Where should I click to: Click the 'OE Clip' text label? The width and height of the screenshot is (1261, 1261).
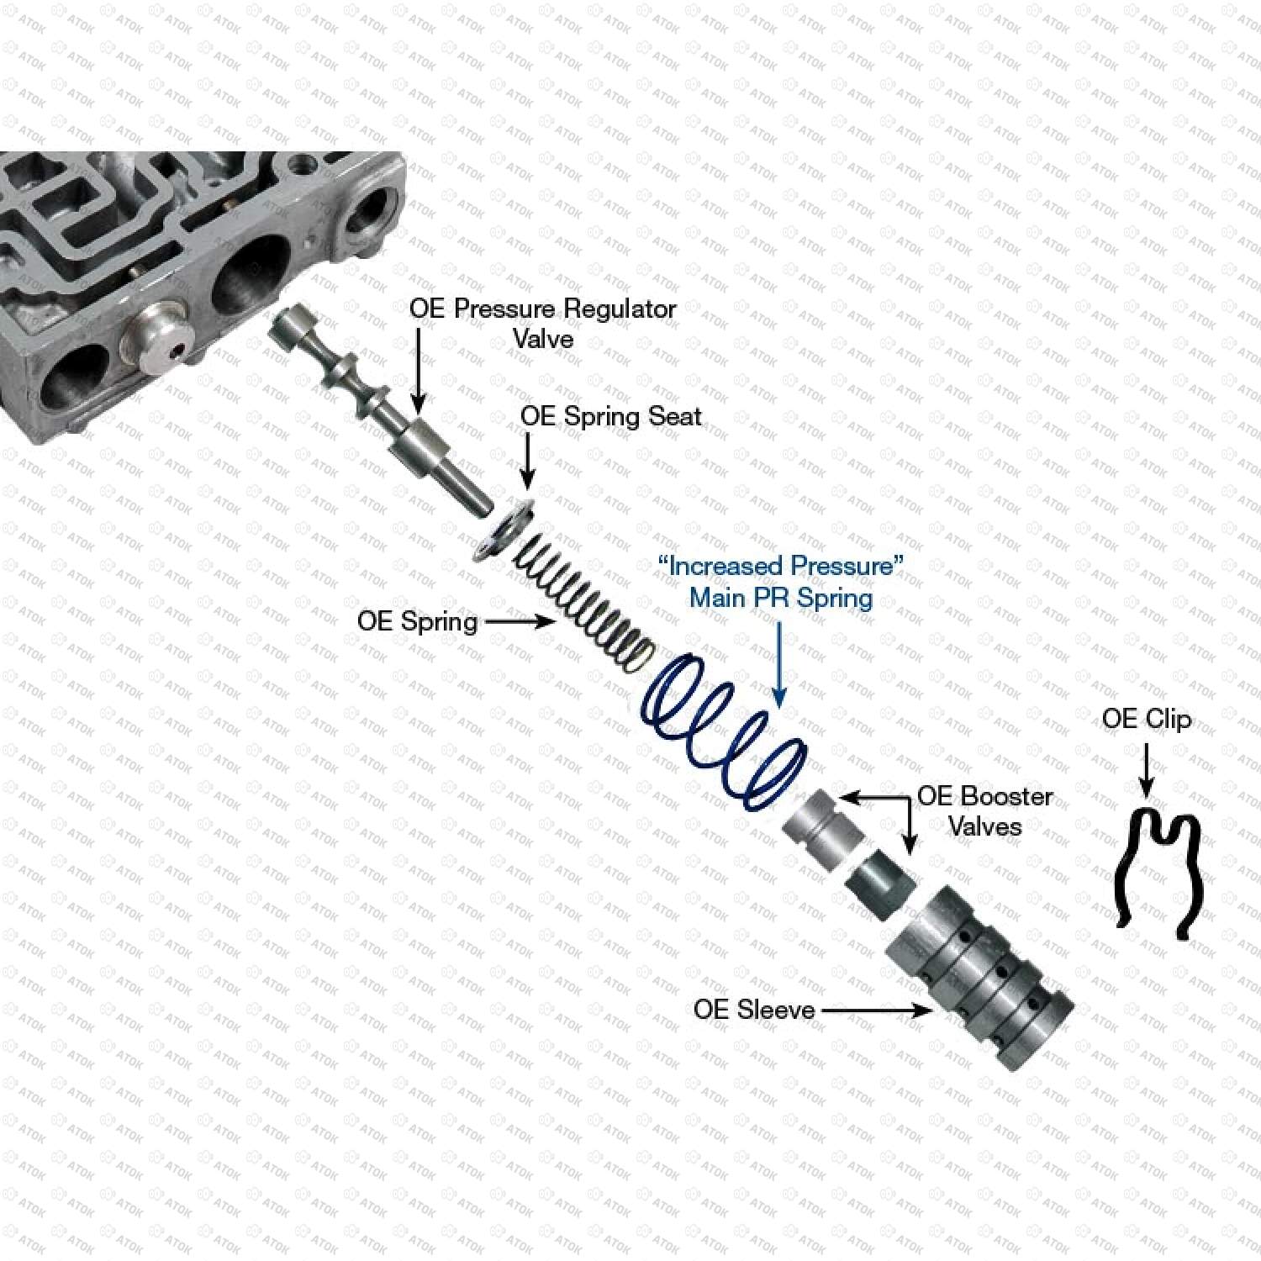1147,720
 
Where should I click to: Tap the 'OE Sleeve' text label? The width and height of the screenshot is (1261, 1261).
754,1009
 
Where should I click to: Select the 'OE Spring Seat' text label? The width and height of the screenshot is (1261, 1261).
611,416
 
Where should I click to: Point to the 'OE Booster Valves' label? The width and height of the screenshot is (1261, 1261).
984,810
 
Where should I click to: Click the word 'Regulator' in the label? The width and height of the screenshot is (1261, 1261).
620,309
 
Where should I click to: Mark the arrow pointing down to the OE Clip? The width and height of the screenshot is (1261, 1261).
1147,769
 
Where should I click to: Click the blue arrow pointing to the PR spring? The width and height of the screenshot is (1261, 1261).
781,662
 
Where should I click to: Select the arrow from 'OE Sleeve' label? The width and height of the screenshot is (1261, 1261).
877,1010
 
